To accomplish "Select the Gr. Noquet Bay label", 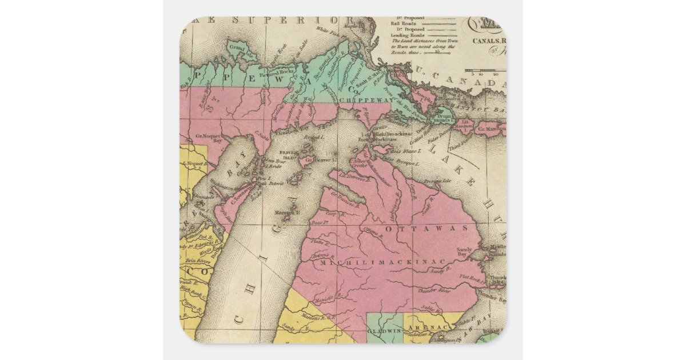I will pos(209,137).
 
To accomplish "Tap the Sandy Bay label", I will pos(465,252).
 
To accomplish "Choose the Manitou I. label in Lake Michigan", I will pos(288,213).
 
